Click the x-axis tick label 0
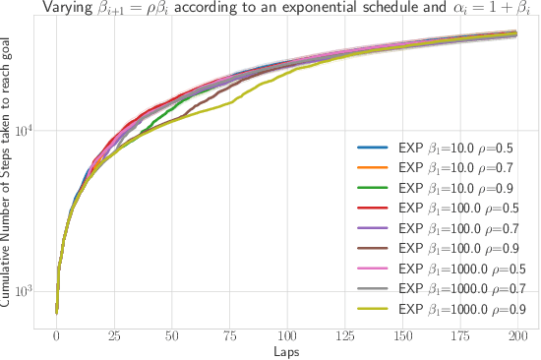point(56,335)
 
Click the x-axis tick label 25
point(114,335)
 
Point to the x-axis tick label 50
point(171,335)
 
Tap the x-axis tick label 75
point(229,335)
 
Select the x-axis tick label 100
point(287,335)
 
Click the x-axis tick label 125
point(344,335)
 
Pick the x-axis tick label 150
point(402,335)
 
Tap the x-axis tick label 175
point(459,335)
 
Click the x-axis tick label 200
point(517,335)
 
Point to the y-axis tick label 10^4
point(24,131)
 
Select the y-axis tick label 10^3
point(24,292)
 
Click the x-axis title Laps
point(286,350)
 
